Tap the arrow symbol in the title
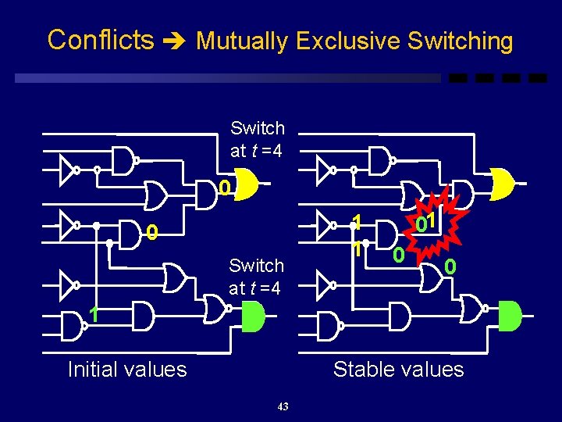tap(175, 41)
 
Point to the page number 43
tap(283, 406)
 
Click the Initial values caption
tap(127, 369)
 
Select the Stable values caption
tap(398, 369)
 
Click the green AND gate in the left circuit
tap(253, 315)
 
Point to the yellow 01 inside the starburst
tap(425, 224)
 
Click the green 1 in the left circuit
tap(93, 315)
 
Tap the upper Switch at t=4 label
tap(258, 138)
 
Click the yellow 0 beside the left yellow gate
tap(224, 188)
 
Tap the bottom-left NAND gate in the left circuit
tap(75, 327)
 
